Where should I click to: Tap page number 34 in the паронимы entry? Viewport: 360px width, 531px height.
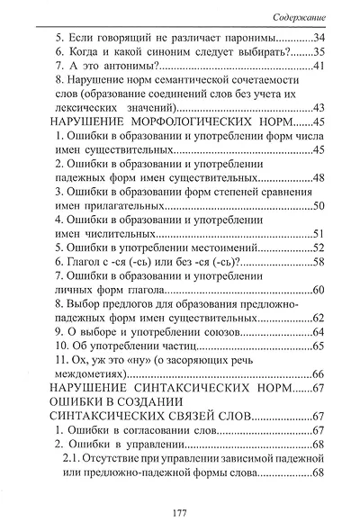(316, 39)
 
